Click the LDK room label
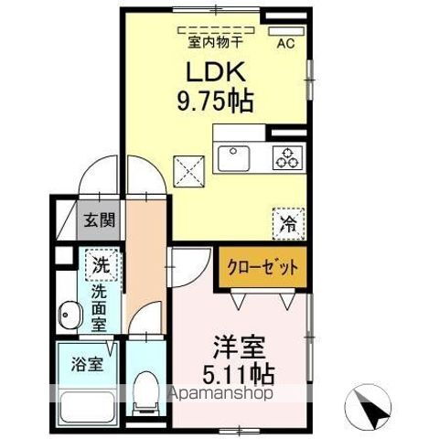(218, 71)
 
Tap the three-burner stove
(285, 158)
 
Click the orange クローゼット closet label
(261, 267)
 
